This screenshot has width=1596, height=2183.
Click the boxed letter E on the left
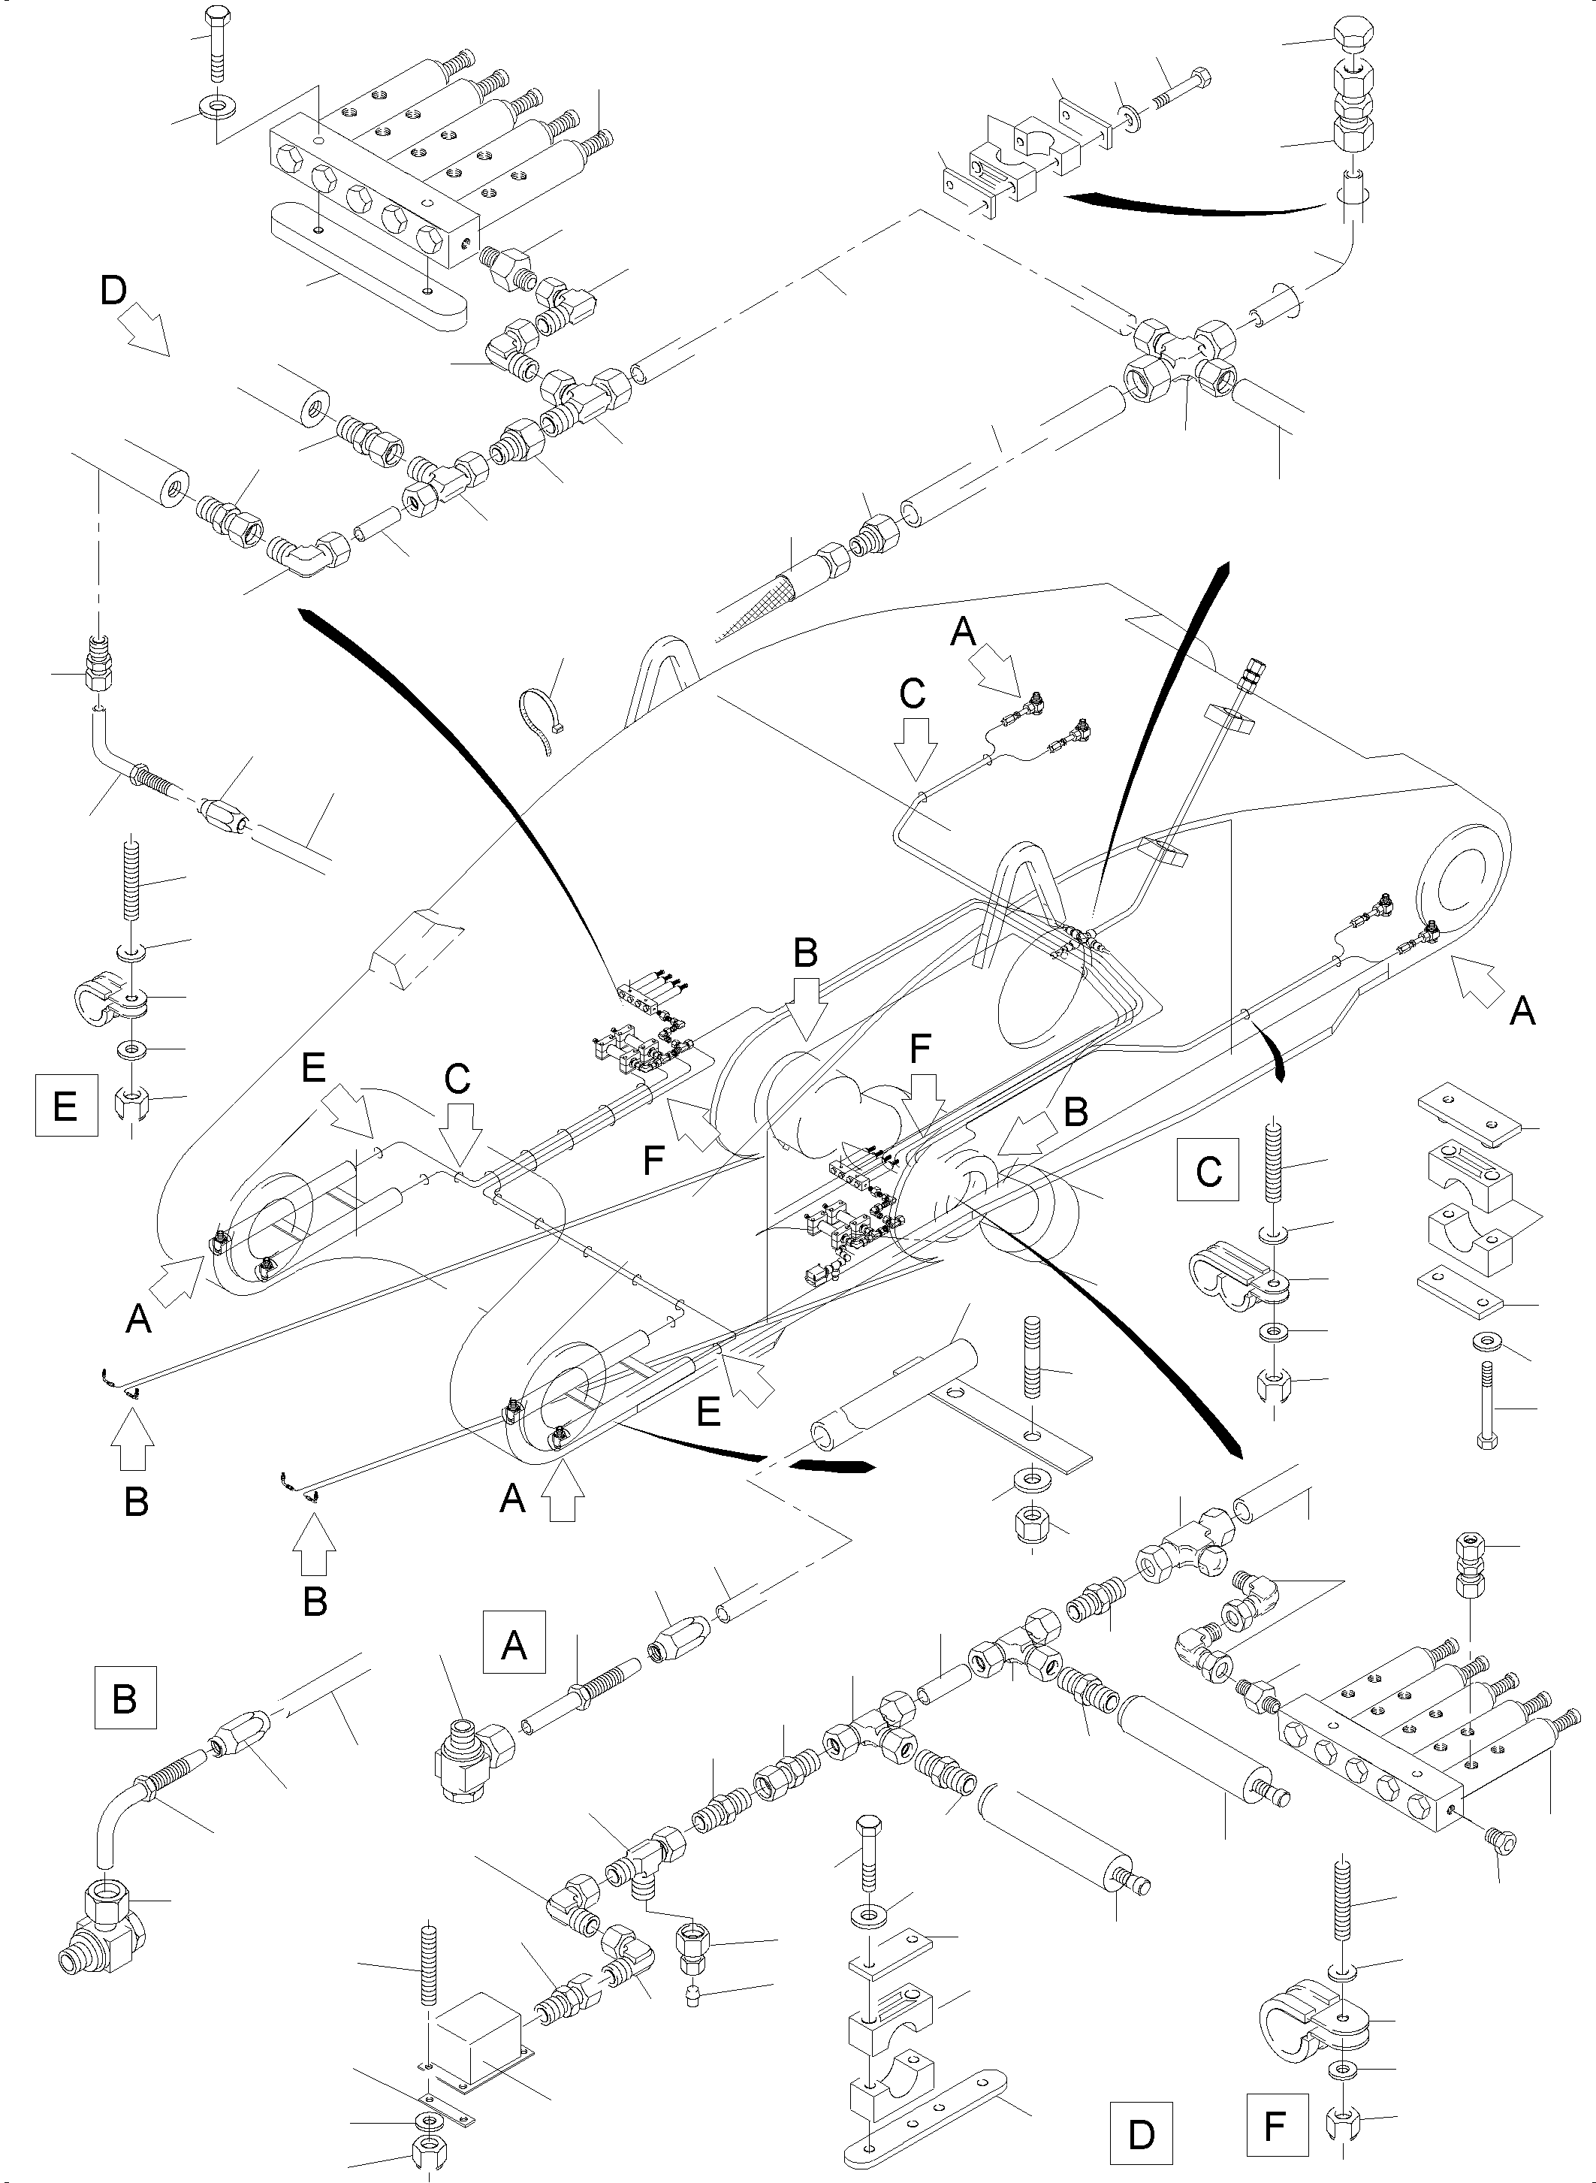[65, 1104]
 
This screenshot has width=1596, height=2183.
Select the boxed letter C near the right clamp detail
[1208, 1170]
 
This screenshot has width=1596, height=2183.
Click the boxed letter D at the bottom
[1141, 2133]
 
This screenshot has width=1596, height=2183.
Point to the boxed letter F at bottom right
[1276, 2126]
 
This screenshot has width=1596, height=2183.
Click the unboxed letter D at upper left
[114, 290]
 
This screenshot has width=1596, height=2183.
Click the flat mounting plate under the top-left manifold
[367, 280]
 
